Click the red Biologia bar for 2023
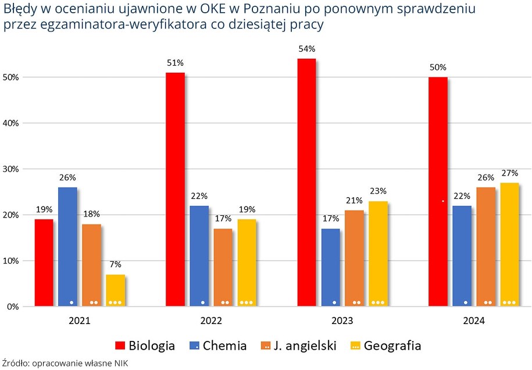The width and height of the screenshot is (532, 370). coord(306,182)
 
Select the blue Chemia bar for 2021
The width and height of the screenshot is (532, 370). coord(67,247)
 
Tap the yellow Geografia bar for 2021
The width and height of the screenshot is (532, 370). coord(115,290)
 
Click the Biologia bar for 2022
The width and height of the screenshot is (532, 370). coord(175,189)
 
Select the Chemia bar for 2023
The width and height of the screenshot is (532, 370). coord(330,267)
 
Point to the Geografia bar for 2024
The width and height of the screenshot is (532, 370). coord(509,244)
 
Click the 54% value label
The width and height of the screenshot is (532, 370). coord(306,48)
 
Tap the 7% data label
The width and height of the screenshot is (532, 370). coord(115,265)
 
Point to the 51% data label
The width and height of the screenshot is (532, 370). coord(175,63)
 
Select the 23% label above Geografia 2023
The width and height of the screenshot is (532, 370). coord(378,191)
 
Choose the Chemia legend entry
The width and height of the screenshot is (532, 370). coord(219,346)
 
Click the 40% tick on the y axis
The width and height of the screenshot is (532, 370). coord(12,123)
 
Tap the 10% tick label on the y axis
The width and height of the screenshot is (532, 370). coord(12,261)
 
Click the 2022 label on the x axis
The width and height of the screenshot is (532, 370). coord(210,321)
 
